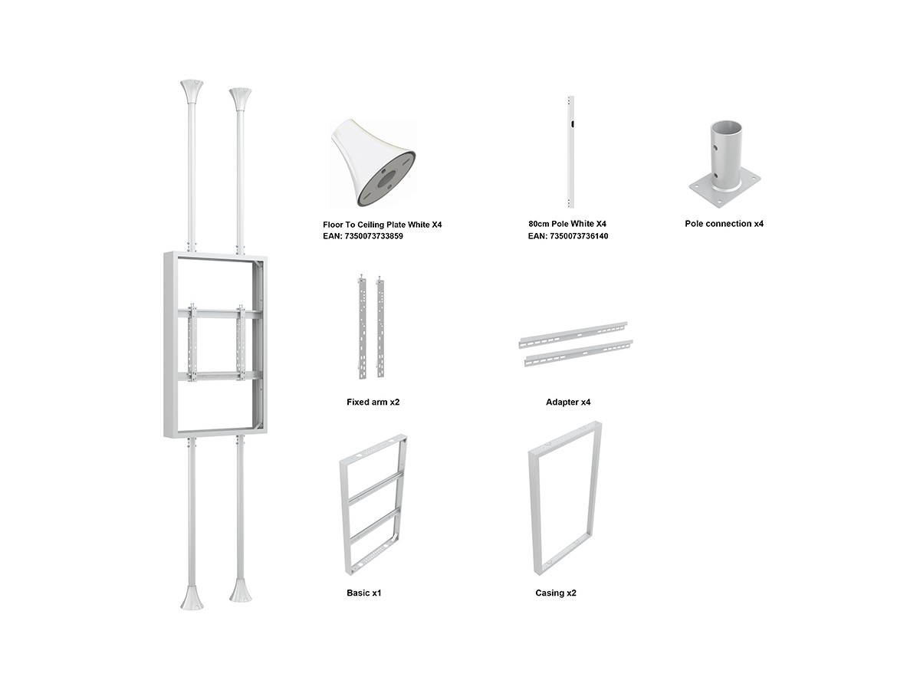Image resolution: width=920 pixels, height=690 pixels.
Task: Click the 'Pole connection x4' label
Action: (724, 224)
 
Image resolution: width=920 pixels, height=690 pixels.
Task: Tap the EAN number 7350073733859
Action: (373, 236)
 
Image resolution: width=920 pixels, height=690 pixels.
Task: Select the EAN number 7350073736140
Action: (578, 236)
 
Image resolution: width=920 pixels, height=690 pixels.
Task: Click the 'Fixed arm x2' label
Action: (373, 402)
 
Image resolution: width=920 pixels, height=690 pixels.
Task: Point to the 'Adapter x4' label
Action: (568, 402)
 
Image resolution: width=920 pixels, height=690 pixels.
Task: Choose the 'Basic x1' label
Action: (364, 593)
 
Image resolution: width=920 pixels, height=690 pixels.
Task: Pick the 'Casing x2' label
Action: (555, 593)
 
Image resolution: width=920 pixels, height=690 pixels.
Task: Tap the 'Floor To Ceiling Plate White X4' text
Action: (382, 225)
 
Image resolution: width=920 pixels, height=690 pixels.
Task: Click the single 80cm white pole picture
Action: (570, 152)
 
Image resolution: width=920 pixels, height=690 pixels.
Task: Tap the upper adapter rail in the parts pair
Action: (573, 335)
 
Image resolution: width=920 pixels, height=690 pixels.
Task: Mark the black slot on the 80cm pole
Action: (571, 123)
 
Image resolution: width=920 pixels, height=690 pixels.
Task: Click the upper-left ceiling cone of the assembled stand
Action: (192, 93)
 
